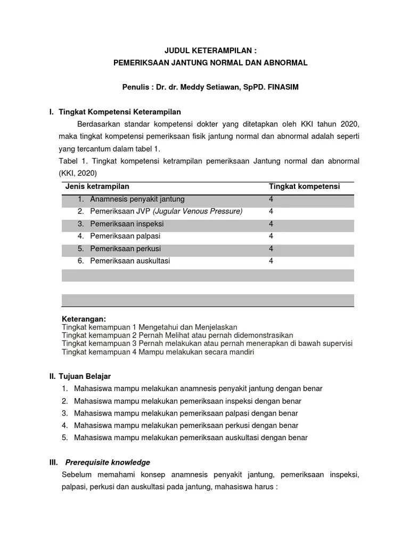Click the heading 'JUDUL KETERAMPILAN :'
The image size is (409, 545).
tap(210, 51)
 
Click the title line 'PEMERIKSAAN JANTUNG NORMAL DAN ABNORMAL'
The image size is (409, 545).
tap(210, 63)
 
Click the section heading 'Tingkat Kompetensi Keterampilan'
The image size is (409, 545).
tap(120, 112)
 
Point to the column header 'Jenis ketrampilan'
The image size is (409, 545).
tap(97, 186)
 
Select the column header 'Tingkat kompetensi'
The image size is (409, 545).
tap(304, 186)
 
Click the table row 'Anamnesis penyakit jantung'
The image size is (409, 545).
tap(137, 199)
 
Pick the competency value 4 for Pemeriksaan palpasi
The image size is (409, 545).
tap(271, 236)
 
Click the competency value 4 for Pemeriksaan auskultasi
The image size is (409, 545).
tap(271, 261)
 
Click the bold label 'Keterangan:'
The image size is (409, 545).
tap(84, 319)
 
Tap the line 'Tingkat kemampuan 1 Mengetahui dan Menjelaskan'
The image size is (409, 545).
tap(149, 327)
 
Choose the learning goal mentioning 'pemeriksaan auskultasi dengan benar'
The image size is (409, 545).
tap(191, 437)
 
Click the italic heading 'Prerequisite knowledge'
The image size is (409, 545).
tap(108, 462)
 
